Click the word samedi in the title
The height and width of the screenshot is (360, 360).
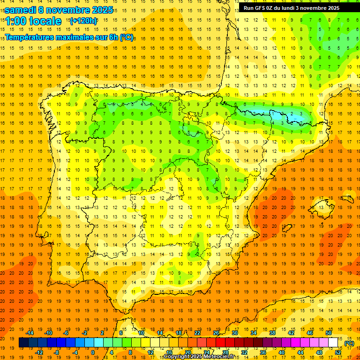coord(22,10)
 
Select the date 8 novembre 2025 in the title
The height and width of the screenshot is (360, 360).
coord(77,10)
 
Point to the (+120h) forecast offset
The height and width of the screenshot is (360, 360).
coord(83,21)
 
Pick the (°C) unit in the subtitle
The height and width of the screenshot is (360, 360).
coord(126,37)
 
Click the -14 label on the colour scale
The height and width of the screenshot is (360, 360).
coord(30,333)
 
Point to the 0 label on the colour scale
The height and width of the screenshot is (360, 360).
coord(92,352)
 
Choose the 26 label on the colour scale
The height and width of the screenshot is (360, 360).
coord(216,333)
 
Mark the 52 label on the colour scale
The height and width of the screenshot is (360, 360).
coord(338,352)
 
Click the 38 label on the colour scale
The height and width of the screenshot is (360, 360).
coord(272,333)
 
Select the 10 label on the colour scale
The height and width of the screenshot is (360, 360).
coord(141,333)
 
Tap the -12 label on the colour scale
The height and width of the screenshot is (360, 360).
coord(39,352)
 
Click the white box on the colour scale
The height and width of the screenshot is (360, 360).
coord(333,343)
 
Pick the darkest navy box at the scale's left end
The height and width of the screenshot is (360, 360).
coord(23,343)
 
